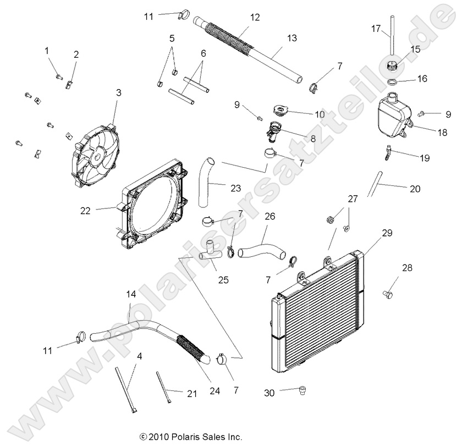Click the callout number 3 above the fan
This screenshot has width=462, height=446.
118,93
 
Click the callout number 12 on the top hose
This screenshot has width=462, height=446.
254,17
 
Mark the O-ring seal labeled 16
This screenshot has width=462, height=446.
393,82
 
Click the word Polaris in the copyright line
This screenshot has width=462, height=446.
186,437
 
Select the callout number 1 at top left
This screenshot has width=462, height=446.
47,50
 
